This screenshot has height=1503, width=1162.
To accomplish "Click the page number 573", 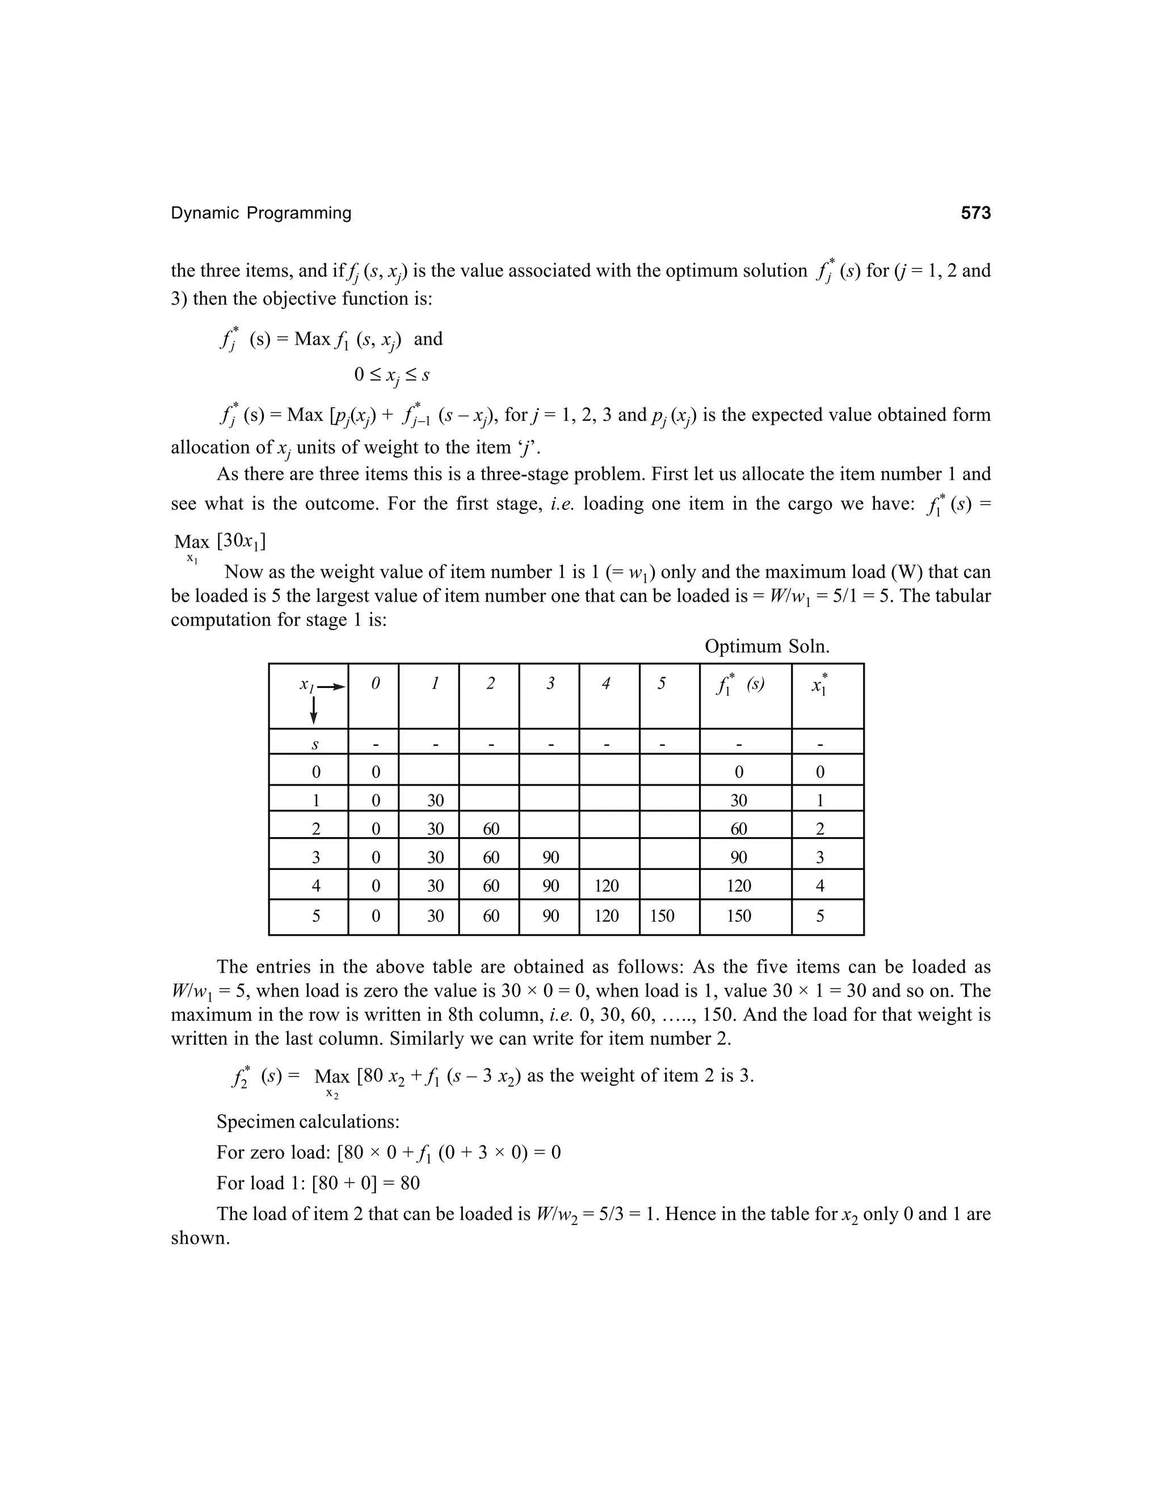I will click(x=975, y=213).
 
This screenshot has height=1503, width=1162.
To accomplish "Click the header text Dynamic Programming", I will click(x=261, y=213).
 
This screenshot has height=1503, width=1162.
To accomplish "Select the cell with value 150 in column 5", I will click(x=662, y=916).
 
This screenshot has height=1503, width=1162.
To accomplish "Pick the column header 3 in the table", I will click(x=549, y=684).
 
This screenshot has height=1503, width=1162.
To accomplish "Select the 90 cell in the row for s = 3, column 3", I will click(x=550, y=857).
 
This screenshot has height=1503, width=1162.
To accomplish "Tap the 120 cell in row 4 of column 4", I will click(x=607, y=886).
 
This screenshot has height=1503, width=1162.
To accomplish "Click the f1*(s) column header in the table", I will click(x=740, y=686).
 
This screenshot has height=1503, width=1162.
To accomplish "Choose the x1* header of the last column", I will click(x=819, y=686).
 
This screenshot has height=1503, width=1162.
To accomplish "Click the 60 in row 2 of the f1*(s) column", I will click(x=739, y=829).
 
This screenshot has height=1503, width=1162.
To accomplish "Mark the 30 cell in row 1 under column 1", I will click(x=435, y=800).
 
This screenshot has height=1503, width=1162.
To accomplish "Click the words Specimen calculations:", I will click(x=308, y=1122).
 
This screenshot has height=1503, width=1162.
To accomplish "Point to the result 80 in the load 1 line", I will click(x=410, y=1183).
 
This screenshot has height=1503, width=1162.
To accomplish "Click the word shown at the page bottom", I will click(x=200, y=1238).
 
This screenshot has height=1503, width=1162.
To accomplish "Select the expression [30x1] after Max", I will click(x=241, y=541).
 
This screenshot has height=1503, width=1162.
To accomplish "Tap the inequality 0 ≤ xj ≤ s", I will click(x=391, y=375).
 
